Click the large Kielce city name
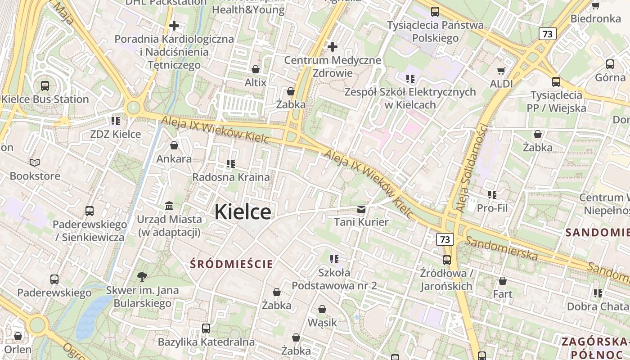click(x=243, y=212)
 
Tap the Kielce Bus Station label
click(x=45, y=99)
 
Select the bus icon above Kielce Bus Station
click(x=45, y=85)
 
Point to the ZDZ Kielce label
click(x=116, y=134)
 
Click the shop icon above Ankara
click(x=174, y=145)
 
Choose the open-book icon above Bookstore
click(x=35, y=162)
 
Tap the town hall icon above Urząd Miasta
click(x=170, y=206)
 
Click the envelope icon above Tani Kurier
click(x=361, y=209)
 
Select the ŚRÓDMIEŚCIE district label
click(x=232, y=264)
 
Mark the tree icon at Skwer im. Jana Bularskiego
click(x=142, y=276)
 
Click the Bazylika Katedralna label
click(x=206, y=342)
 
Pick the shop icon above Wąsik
click(x=322, y=309)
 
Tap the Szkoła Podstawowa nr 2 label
click(x=334, y=279)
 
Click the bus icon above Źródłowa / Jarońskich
click(x=446, y=260)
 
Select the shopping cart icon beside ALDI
click(x=501, y=71)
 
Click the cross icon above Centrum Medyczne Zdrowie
click(x=333, y=46)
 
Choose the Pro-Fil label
click(x=492, y=208)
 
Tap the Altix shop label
click(x=256, y=83)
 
